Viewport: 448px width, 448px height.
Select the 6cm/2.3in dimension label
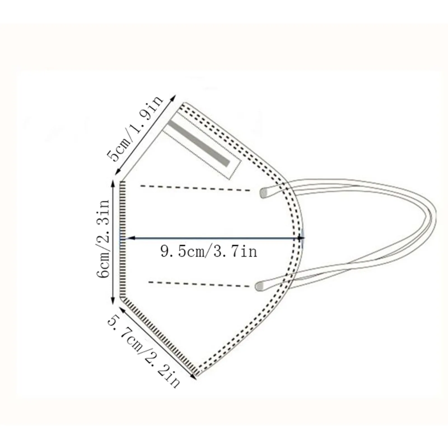(x=104, y=239)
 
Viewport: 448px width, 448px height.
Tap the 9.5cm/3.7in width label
(x=209, y=251)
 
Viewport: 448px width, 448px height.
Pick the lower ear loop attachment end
(x=259, y=286)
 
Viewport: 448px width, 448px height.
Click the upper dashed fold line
(x=195, y=188)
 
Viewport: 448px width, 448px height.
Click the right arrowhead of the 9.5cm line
(x=301, y=238)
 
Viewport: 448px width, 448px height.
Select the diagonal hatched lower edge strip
(x=158, y=335)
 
